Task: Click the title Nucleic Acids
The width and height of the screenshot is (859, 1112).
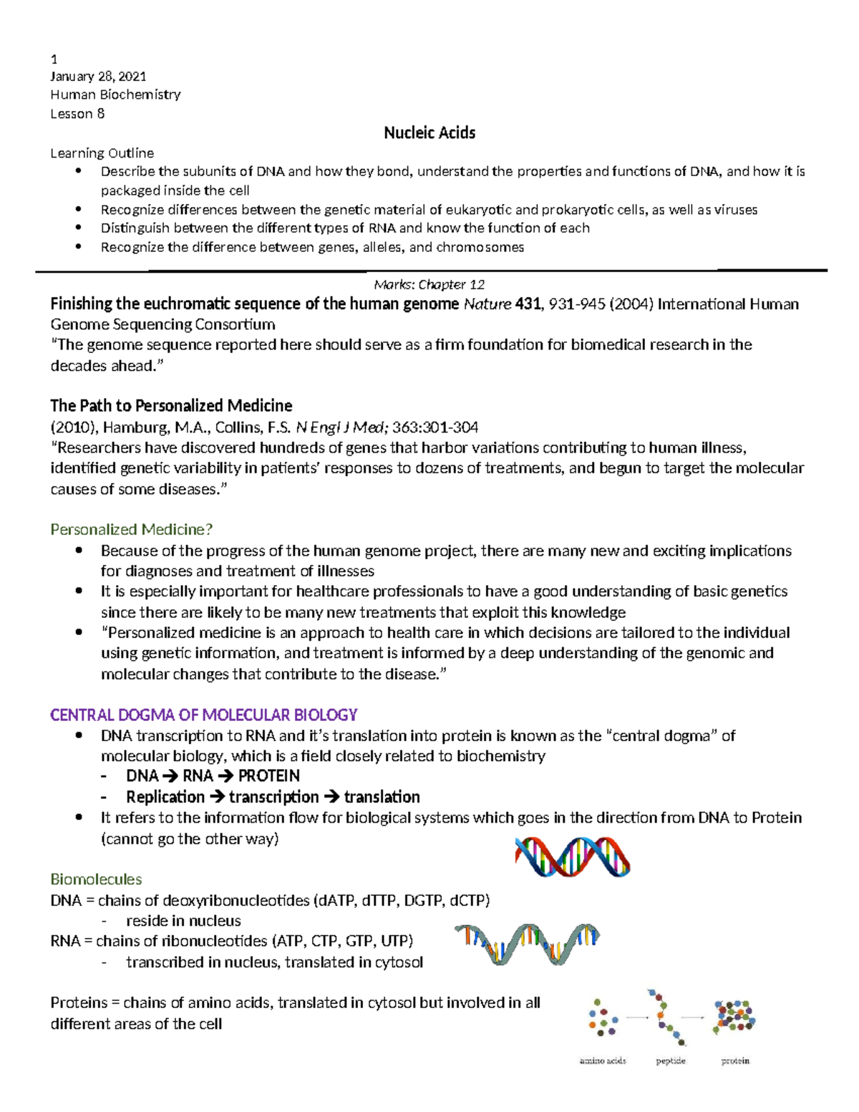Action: (429, 132)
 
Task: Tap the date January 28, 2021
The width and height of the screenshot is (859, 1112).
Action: (98, 76)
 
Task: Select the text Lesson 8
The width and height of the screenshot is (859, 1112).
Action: (77, 114)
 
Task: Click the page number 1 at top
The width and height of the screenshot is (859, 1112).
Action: (54, 59)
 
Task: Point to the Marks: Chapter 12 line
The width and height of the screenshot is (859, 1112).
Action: (429, 284)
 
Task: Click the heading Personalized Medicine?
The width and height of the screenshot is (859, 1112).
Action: (132, 529)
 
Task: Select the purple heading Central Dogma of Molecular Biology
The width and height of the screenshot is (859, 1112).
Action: (203, 715)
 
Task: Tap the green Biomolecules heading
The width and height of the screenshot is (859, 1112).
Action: (96, 879)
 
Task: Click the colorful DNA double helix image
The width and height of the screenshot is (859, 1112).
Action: (573, 856)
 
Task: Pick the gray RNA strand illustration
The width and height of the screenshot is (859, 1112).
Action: (527, 943)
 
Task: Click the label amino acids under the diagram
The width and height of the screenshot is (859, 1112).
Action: (603, 1060)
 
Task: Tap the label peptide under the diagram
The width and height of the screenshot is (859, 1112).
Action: (671, 1060)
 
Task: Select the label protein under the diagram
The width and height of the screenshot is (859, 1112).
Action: (735, 1060)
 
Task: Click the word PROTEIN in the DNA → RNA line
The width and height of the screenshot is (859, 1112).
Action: (268, 776)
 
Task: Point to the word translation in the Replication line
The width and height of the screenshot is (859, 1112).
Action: (382, 797)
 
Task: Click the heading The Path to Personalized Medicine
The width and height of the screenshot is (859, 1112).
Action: (171, 405)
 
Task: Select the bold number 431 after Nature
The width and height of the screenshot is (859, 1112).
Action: (528, 304)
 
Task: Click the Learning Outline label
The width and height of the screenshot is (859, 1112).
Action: (102, 153)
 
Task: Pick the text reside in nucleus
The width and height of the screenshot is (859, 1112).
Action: (183, 921)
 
